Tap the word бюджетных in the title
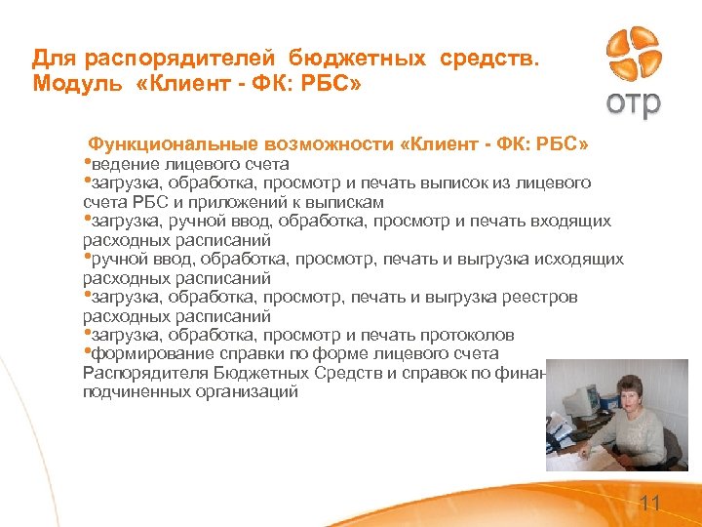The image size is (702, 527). point(348,60)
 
